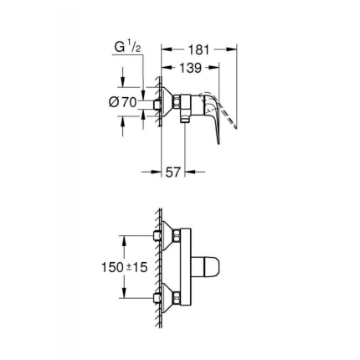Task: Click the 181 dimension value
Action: tap(199, 50)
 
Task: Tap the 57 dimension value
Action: tap(173, 172)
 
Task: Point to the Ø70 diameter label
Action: tap(125, 100)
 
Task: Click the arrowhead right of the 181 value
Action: tap(234, 50)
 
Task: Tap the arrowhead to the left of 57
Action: tap(157, 172)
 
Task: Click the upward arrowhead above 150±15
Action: tap(125, 239)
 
